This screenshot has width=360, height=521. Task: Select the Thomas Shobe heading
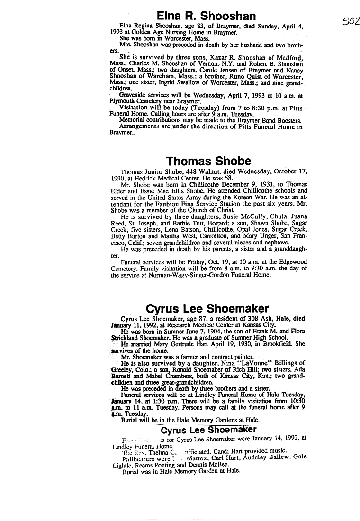[x=209, y=161]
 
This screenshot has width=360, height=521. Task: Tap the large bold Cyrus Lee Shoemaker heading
[x=208, y=309]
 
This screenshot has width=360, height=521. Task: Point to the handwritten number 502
[x=351, y=21]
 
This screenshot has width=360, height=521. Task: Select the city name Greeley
[x=126, y=369]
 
